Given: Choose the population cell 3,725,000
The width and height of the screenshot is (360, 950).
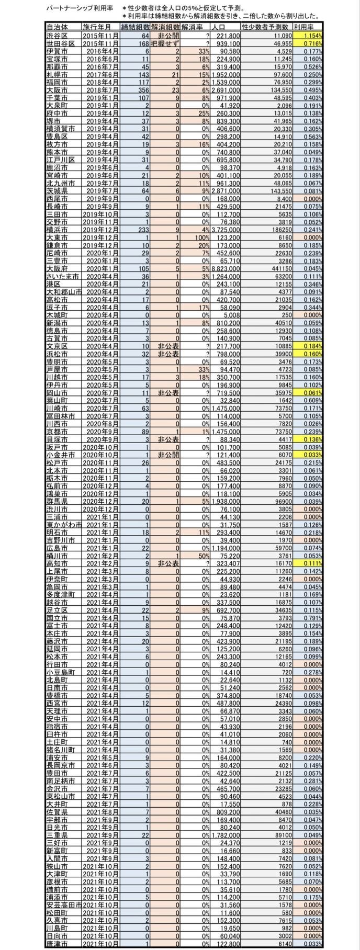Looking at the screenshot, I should coord(226,229).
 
